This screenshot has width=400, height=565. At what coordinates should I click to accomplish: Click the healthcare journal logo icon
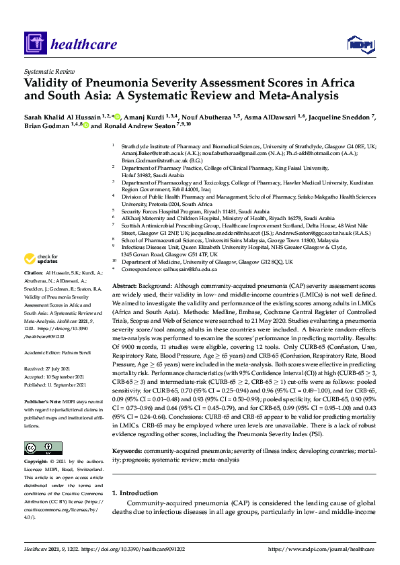(x=34, y=45)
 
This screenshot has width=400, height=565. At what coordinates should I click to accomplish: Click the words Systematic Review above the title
(x=48, y=70)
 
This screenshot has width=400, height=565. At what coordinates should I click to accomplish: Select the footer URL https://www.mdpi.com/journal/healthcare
(x=321, y=550)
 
